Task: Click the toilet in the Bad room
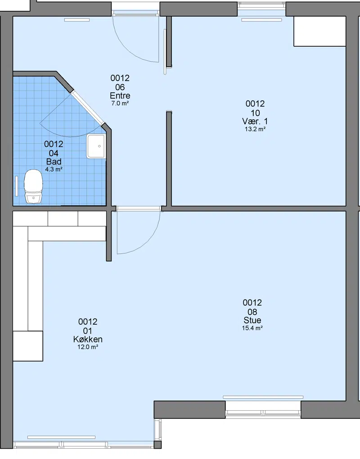(x=33, y=186)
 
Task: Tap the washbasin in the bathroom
(x=96, y=146)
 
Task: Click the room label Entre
(x=120, y=96)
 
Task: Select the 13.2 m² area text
(x=255, y=129)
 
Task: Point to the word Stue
(x=252, y=320)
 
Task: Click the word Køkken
(x=88, y=339)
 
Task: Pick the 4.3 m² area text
(x=54, y=169)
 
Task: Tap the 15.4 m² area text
(x=252, y=328)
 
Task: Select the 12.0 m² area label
(x=88, y=347)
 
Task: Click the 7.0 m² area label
(x=120, y=103)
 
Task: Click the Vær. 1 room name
(x=255, y=121)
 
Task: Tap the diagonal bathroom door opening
(x=88, y=108)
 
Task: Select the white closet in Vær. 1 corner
(x=319, y=32)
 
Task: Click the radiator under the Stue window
(x=263, y=397)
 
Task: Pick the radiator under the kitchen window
(x=61, y=437)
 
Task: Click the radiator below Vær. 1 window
(x=261, y=20)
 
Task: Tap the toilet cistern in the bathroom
(x=33, y=198)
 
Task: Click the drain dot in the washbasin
(x=99, y=146)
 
